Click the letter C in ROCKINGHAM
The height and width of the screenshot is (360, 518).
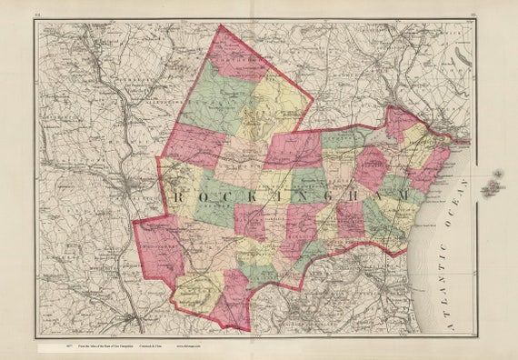point(221,196)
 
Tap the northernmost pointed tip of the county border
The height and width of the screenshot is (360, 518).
point(220,27)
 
